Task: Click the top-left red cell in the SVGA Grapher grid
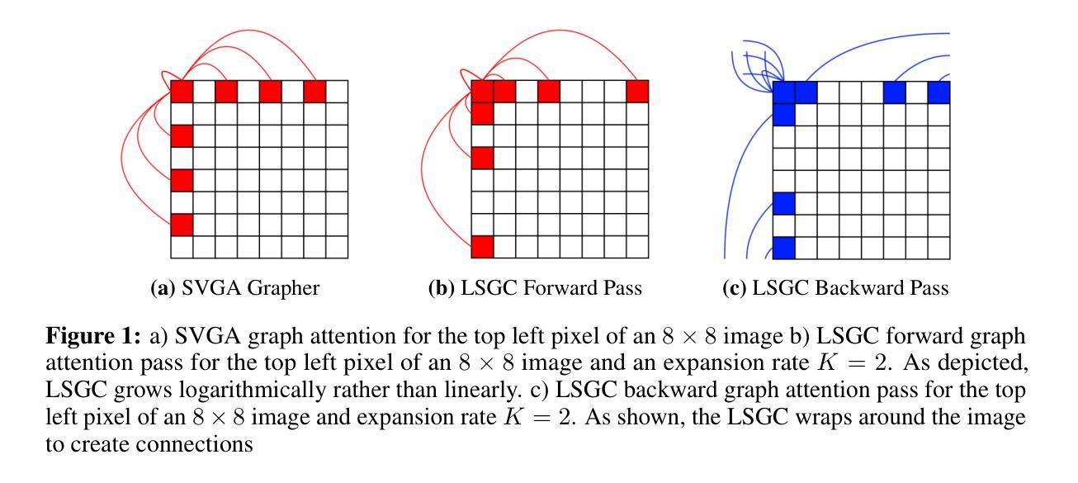click(x=182, y=91)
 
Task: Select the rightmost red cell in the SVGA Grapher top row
click(x=314, y=91)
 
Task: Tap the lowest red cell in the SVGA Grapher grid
click(x=182, y=224)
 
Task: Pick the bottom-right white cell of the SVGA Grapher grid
click(x=337, y=246)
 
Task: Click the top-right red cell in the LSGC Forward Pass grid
click(x=637, y=91)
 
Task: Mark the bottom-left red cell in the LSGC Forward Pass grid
click(x=482, y=246)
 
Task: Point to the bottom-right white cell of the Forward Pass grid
click(x=637, y=246)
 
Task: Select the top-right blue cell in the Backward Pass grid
click(x=939, y=92)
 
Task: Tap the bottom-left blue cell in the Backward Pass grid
click(x=783, y=246)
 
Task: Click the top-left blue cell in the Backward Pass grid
click(x=783, y=92)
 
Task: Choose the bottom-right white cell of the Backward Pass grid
click(x=939, y=246)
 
